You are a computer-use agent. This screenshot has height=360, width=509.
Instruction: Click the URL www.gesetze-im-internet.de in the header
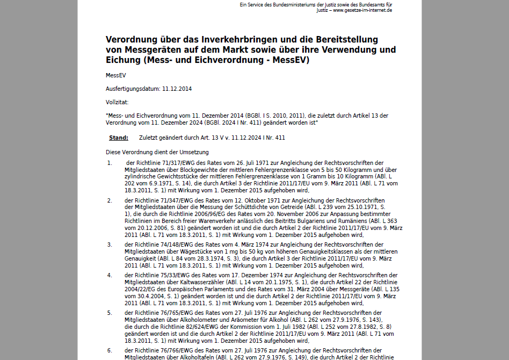click(362, 10)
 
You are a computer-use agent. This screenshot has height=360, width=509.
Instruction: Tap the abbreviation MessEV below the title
click(115, 75)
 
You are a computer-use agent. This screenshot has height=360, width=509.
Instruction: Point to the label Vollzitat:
click(117, 102)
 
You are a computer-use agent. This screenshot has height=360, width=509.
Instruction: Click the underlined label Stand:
click(119, 138)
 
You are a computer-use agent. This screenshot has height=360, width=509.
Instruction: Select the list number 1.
click(110, 163)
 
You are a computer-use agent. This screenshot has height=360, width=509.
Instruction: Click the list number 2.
click(110, 200)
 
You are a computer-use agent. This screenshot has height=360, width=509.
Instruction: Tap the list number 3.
click(110, 244)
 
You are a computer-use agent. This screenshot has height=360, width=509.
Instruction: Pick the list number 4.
click(110, 275)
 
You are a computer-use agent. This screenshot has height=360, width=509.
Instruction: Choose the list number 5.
click(110, 313)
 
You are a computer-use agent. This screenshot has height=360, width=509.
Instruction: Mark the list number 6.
click(110, 350)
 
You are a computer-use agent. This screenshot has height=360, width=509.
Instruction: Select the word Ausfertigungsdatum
click(133, 89)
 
